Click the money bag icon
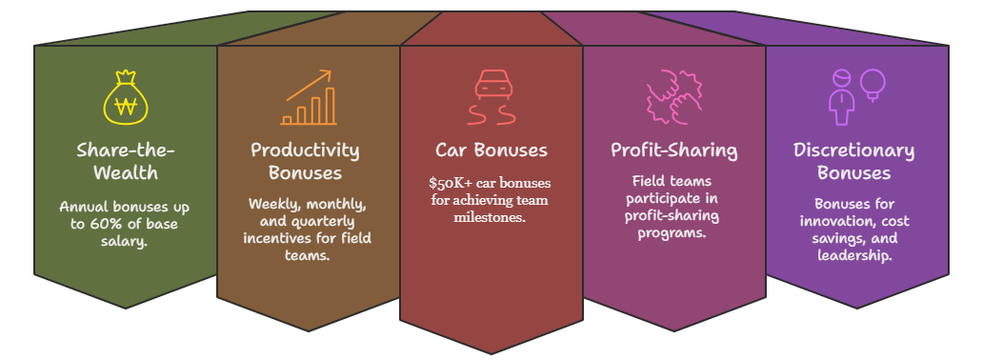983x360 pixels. [125, 97]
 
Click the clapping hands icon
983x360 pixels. [673, 97]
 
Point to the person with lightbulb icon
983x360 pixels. [854, 95]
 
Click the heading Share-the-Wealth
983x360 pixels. [125, 162]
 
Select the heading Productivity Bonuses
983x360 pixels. [305, 161]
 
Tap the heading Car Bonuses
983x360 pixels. [491, 150]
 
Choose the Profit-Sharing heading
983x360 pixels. [673, 150]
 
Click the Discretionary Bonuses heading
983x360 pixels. [853, 161]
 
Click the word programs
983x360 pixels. [673, 233]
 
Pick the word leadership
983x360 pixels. [853, 255]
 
